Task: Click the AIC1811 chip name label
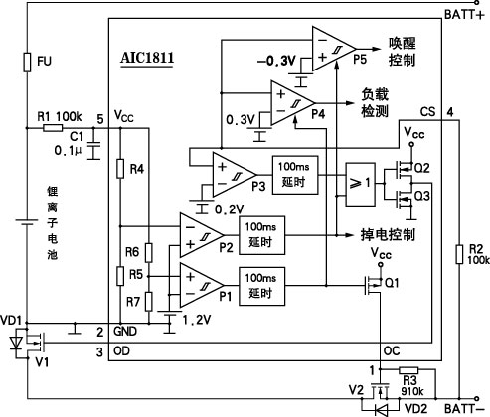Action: [147, 58]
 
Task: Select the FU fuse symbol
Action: [27, 62]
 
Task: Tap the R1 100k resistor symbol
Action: [53, 128]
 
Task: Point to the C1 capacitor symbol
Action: [93, 151]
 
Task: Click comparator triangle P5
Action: [334, 49]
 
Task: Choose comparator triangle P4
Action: [292, 103]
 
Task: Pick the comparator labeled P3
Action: [235, 175]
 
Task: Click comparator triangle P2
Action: [202, 235]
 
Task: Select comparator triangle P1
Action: [202, 285]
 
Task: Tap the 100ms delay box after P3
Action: [295, 175]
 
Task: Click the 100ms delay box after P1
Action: [261, 286]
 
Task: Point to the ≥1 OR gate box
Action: [361, 185]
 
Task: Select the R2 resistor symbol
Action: [459, 254]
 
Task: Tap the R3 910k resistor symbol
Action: [408, 370]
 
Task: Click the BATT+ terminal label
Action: [464, 15]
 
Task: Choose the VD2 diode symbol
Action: [382, 410]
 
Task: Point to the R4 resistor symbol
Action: [120, 169]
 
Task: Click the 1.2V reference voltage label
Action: [197, 320]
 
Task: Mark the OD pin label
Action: [121, 350]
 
